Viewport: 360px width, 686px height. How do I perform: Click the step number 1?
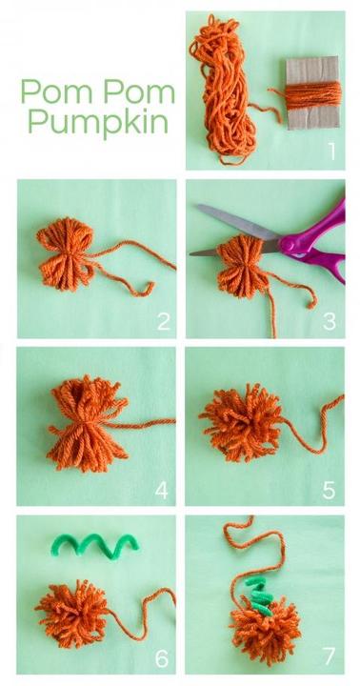pyautogui.click(x=332, y=151)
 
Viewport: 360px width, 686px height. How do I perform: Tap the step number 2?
pyautogui.click(x=164, y=322)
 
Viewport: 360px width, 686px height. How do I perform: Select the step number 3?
pyautogui.click(x=330, y=322)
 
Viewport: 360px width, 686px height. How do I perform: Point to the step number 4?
pyautogui.click(x=161, y=491)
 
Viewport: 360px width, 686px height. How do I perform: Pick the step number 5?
pyautogui.click(x=330, y=491)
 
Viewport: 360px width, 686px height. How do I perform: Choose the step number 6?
pyautogui.click(x=161, y=658)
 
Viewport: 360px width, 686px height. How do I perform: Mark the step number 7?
pyautogui.click(x=330, y=656)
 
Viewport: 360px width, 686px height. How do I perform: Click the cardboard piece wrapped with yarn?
pyautogui.click(x=312, y=92)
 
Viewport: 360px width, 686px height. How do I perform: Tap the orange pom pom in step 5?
pyautogui.click(x=241, y=422)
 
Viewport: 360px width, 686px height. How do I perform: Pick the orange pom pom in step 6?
pyautogui.click(x=72, y=614)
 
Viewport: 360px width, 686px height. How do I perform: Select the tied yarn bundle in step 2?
pyautogui.click(x=67, y=254)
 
